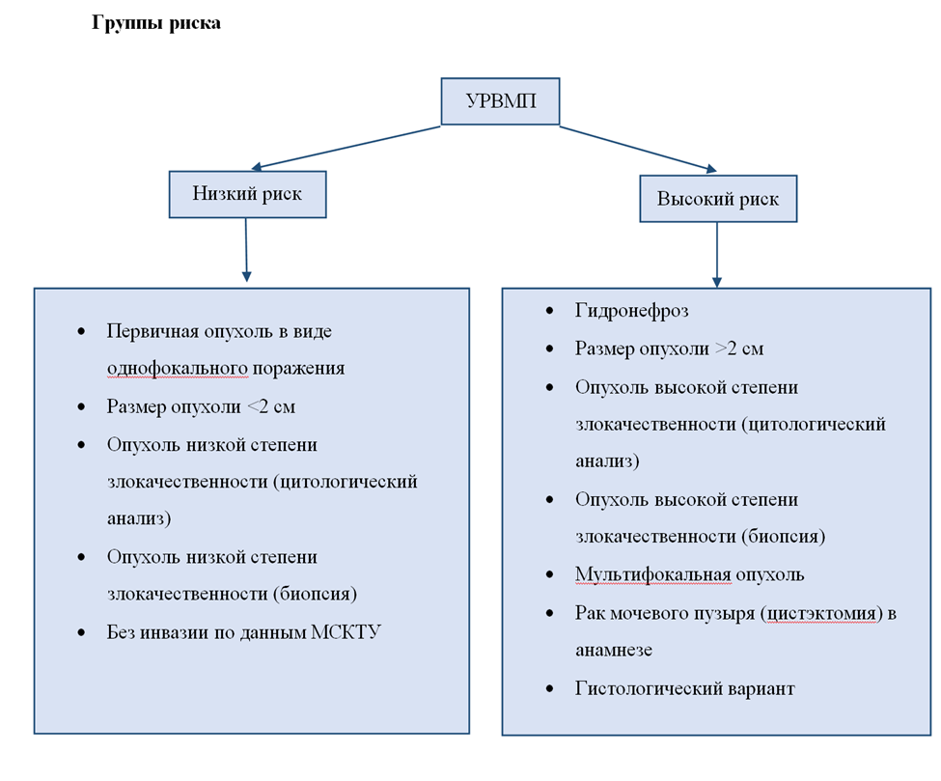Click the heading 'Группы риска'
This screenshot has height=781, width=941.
coord(156,23)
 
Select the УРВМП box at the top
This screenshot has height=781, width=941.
coord(500,101)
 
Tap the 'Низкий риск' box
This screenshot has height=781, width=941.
coord(247,194)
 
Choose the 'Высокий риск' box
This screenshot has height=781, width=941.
coord(717,200)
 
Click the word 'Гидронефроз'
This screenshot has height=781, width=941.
coord(632,311)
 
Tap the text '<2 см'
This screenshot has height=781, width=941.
coord(271,406)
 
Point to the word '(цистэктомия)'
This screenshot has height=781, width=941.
coord(820,612)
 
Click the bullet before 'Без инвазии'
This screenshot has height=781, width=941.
coord(80,633)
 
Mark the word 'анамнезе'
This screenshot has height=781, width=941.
coord(614,650)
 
